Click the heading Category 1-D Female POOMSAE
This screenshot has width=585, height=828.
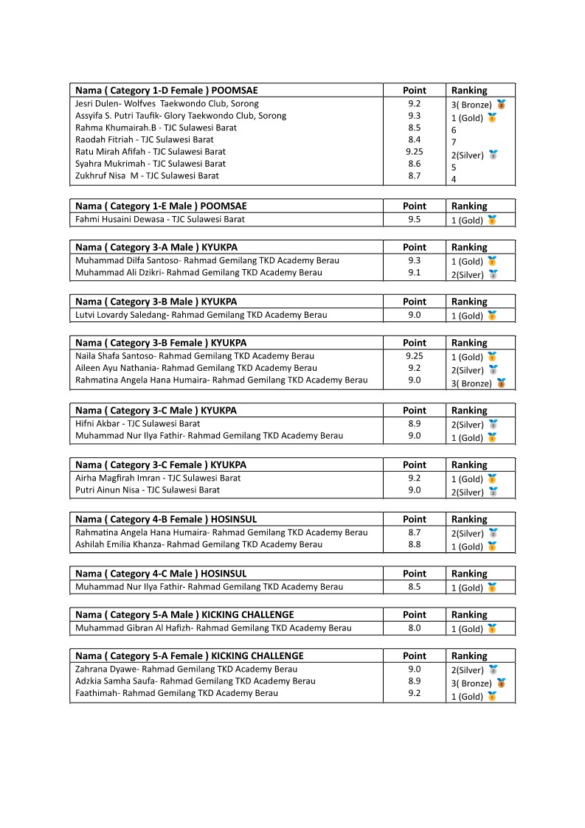(x=167, y=91)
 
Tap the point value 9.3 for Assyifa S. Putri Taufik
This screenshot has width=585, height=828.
(x=414, y=116)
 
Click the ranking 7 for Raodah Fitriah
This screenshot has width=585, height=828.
(x=454, y=142)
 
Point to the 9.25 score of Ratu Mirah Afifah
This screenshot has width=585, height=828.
(x=414, y=151)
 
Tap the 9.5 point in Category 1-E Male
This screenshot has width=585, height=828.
(x=414, y=219)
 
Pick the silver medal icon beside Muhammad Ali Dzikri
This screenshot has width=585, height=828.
(x=493, y=274)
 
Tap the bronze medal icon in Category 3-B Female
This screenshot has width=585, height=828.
(x=501, y=383)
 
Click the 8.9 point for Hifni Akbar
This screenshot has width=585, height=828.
(x=414, y=424)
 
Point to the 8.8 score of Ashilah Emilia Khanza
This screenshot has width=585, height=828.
(x=414, y=544)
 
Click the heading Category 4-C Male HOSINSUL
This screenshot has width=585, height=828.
(x=161, y=574)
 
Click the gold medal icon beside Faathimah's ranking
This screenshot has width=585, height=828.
(x=492, y=697)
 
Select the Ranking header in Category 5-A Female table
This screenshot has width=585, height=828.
(x=469, y=656)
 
